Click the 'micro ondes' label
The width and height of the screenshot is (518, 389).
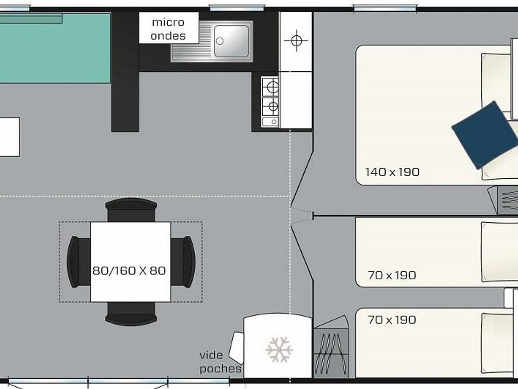pos(168,29)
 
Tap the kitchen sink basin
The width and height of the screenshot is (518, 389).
pos(231,41)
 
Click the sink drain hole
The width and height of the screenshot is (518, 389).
pos(220,41)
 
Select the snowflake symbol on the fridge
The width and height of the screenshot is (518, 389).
pos(279,349)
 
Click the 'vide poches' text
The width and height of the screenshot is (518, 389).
pos(220,362)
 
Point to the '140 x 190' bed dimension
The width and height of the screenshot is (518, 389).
pos(392,172)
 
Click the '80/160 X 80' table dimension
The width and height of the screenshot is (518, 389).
pos(129,270)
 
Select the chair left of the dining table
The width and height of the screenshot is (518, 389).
pos(79,261)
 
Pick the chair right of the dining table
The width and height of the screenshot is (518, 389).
pos(183,261)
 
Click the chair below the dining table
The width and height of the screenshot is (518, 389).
pos(131,314)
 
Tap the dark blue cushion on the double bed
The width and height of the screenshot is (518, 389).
pos(485,135)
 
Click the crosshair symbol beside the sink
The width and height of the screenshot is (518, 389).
pos(296,41)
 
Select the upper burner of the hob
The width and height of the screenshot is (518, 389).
pos(272,87)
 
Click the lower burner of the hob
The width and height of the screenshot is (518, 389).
pos(273,106)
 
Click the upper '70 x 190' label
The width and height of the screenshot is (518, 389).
pos(392,275)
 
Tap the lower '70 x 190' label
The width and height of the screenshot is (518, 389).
pos(392,320)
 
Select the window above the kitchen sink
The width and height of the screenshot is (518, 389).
pos(237,8)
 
